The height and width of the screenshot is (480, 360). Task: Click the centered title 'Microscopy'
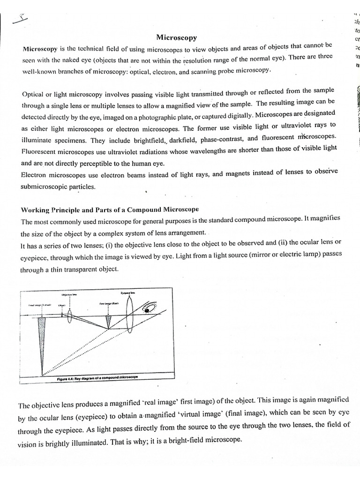click(x=176, y=37)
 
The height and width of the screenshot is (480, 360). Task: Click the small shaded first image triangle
click(x=109, y=322)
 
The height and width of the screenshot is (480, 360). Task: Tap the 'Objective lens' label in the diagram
click(x=69, y=295)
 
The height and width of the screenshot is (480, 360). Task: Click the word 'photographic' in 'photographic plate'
click(x=165, y=115)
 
